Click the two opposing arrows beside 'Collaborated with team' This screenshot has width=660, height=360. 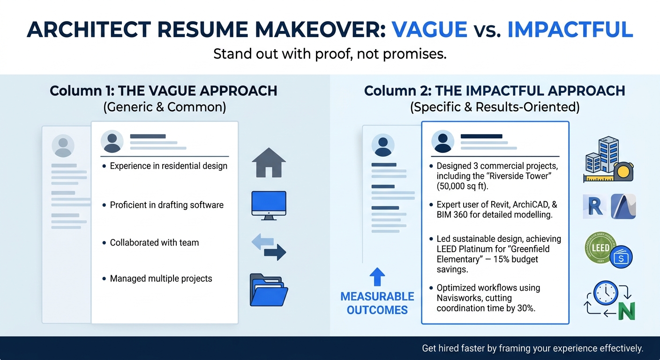pos(269,247)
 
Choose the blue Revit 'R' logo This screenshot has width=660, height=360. pos(594,206)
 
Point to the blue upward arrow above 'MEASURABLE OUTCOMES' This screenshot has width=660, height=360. pos(377,277)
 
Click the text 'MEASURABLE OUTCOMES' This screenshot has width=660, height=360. pos(377,303)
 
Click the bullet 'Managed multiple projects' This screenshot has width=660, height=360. pos(161,279)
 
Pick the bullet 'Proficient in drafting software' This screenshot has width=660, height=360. pos(166,205)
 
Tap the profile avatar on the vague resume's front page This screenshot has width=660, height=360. pos(112,142)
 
